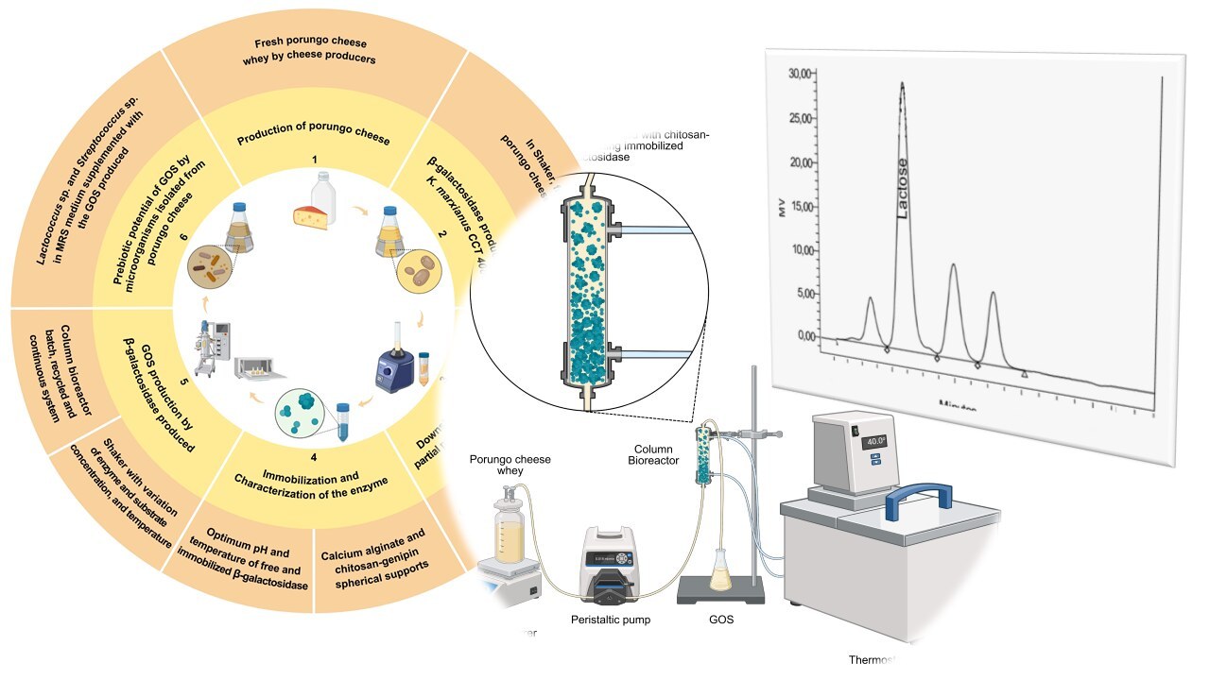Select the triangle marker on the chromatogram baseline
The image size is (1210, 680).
pos(1025,374)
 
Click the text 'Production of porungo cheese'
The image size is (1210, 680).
pos(315,140)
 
